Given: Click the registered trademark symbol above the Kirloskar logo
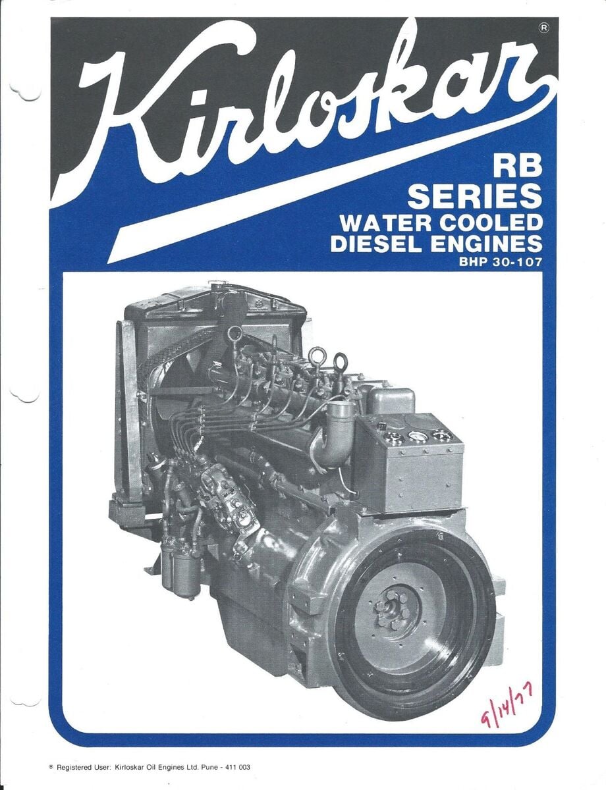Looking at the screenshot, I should point(543,28).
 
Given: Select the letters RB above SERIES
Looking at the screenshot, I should point(518,167).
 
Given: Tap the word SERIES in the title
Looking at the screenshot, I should point(475,196).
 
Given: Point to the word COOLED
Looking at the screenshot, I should point(493,222).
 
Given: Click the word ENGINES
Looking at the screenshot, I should point(488,244).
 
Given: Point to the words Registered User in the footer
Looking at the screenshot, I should point(83,767).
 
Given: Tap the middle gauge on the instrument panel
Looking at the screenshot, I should point(418,436).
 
